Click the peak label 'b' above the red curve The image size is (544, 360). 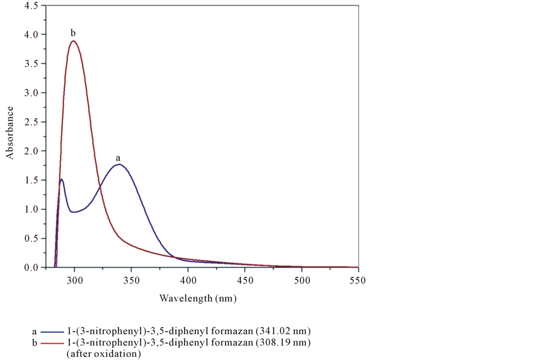(x=73, y=32)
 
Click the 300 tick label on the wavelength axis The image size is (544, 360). (x=75, y=280)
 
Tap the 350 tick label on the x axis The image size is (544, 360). (x=131, y=280)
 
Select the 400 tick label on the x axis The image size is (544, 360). (x=188, y=280)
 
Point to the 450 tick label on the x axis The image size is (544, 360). (x=245, y=280)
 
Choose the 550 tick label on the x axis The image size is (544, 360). (x=358, y=280)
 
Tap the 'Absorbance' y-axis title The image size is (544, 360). (x=10, y=133)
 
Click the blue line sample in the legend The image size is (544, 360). (x=54, y=332)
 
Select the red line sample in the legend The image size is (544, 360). (x=54, y=343)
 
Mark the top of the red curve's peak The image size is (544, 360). (x=74, y=41)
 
